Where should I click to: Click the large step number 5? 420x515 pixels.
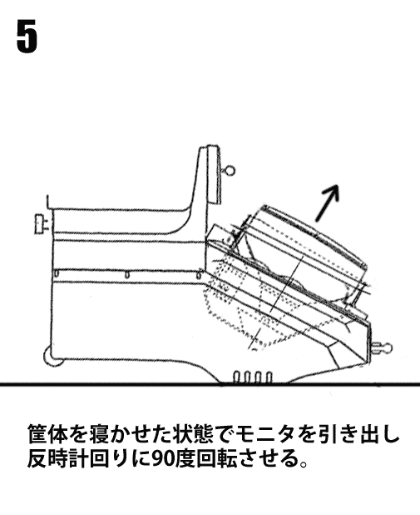click(x=27, y=37)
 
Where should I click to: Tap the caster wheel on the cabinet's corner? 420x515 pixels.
click(x=52, y=356)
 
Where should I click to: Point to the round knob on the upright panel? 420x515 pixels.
click(x=230, y=170)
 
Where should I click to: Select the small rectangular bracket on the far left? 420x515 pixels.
click(x=40, y=224)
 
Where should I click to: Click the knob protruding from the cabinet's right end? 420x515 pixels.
click(x=381, y=347)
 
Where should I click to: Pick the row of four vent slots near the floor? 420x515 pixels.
click(x=253, y=377)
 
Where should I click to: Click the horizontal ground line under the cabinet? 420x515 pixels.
click(x=210, y=383)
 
